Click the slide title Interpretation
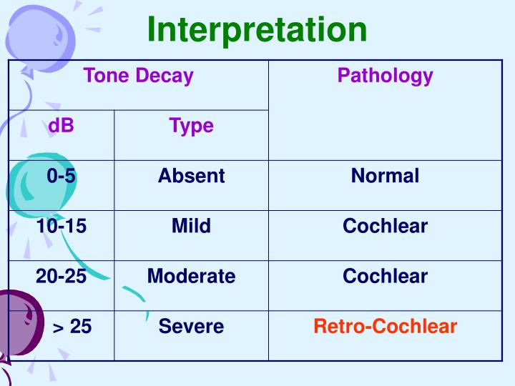coord(257,30)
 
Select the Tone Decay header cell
coord(138,76)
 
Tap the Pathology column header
coord(385,76)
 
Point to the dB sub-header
coord(61,127)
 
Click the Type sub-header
coord(191,127)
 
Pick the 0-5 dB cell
coord(61,176)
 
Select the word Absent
coord(191,176)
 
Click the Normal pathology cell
coord(385,176)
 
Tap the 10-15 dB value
coord(61,227)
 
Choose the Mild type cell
coord(191,227)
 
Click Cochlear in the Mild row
coord(385,227)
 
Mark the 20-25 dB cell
coord(61,277)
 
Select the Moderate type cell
coord(191,277)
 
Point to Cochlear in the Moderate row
coord(385,277)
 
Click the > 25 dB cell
coord(72,327)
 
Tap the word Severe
coord(191,327)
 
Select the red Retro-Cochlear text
coord(385,327)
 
